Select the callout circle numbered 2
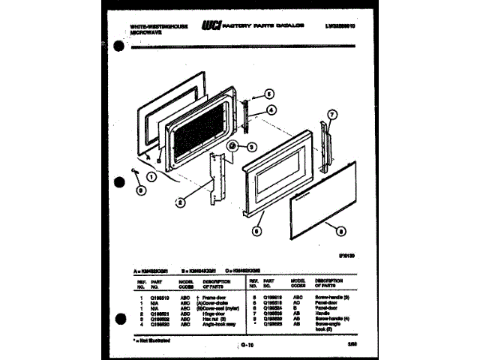pyautogui.click(x=180, y=201)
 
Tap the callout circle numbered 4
pyautogui.click(x=271, y=109)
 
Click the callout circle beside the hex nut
pyautogui.click(x=252, y=147)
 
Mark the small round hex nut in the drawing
pyautogui.click(x=232, y=145)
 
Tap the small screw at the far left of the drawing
pyautogui.click(x=133, y=173)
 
